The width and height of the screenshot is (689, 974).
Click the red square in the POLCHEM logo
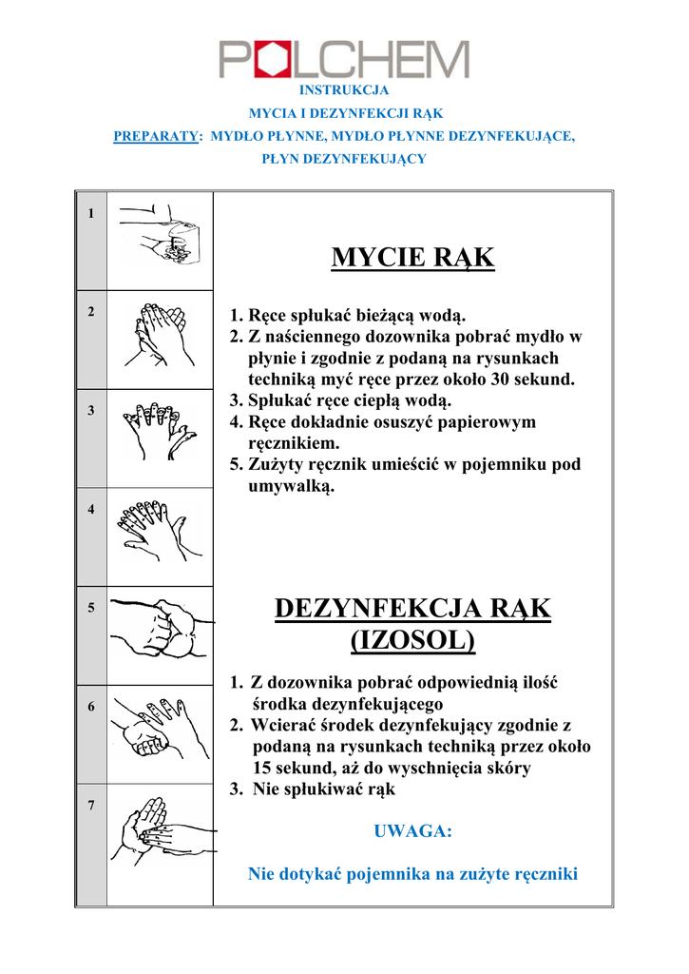[267, 60]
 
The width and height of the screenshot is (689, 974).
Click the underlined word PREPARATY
[155, 136]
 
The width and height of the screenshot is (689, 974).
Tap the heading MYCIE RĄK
[412, 258]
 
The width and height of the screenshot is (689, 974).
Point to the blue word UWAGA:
[413, 831]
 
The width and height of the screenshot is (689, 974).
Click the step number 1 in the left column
[90, 213]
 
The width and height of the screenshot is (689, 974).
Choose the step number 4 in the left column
[90, 509]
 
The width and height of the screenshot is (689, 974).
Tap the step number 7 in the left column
[90, 806]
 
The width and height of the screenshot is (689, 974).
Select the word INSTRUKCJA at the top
[344, 90]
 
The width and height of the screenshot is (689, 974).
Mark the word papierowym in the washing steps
[483, 421]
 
